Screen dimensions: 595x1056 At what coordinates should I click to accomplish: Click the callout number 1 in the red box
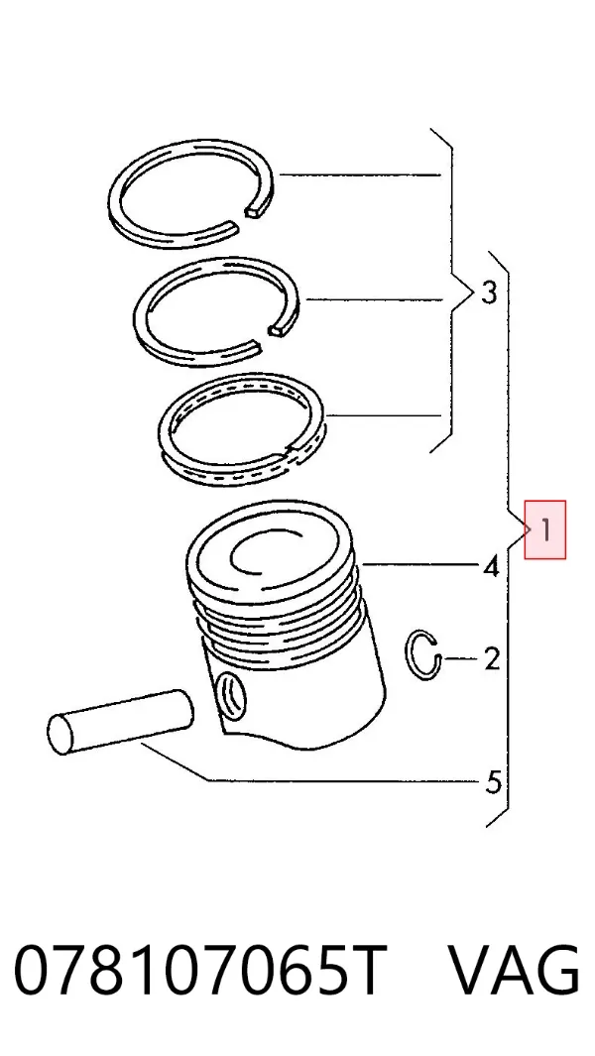(x=546, y=530)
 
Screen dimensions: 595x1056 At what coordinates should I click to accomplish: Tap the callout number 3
(x=489, y=293)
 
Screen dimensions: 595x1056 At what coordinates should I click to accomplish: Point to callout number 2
(x=492, y=658)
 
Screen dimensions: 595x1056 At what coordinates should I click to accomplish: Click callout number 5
(x=493, y=782)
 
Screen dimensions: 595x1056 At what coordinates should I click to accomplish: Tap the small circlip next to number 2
(x=416, y=654)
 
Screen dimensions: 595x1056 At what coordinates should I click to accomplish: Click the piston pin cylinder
(x=120, y=721)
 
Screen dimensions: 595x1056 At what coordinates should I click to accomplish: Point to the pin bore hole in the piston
(x=231, y=696)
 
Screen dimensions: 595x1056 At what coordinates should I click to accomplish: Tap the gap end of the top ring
(x=258, y=211)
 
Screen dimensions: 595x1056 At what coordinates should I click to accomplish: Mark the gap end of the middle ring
(x=280, y=328)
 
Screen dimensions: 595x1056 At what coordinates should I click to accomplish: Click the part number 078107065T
(x=200, y=971)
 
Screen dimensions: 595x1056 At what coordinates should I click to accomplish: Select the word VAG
(x=514, y=971)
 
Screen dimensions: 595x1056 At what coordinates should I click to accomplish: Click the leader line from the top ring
(x=360, y=176)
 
